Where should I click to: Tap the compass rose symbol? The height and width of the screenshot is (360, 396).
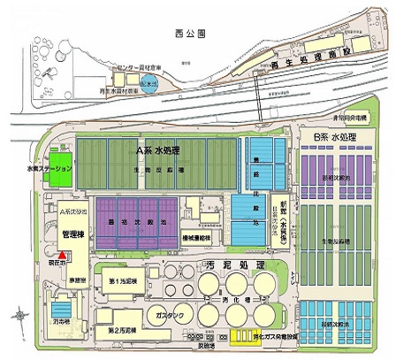click(19, 312)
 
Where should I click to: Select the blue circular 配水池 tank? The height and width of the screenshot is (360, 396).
click(151, 86)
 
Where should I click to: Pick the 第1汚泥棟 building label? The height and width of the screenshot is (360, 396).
click(121, 280)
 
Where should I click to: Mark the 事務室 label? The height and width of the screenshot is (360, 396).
click(68, 277)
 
